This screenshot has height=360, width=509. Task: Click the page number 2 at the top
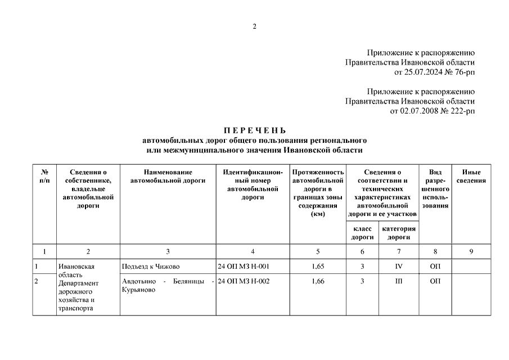pos(254,26)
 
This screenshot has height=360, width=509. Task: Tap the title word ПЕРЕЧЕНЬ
pos(254,131)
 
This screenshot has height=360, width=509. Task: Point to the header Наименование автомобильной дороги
pos(168,176)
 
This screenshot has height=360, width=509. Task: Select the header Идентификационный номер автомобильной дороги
pos(253,184)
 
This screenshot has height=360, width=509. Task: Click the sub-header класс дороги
pos(363,233)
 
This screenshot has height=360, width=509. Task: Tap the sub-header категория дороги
pos(399,233)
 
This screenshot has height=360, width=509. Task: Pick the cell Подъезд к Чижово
pos(150,266)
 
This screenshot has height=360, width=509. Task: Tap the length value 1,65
pos(318,266)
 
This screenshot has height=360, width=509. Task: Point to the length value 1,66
pos(318,281)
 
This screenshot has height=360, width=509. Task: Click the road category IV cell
pos(399,266)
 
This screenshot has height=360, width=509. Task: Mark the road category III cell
pos(399,281)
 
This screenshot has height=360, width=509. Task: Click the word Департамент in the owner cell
pos(78,283)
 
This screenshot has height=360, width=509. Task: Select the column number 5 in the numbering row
pos(318,251)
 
